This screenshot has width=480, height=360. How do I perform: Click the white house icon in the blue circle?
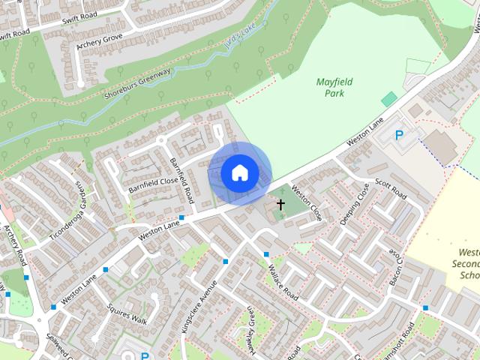239,173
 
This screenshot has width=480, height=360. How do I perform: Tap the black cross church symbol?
280,204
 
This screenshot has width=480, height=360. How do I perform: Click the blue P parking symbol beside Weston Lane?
399,136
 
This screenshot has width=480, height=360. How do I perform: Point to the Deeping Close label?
353,202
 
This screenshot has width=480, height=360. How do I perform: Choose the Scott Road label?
390,190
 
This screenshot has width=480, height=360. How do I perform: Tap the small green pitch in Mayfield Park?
388,99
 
